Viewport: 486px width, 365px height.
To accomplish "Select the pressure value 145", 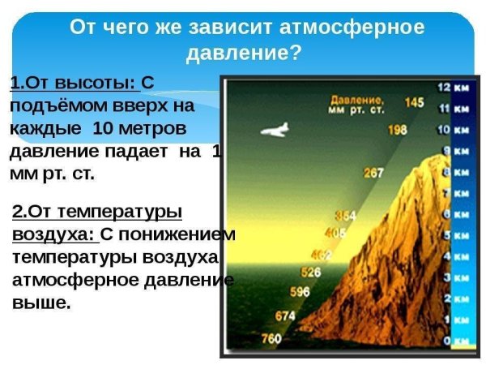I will (x=414, y=102).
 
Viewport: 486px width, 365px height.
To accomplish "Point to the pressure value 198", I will (x=397, y=129).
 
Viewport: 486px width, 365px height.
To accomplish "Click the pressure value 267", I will (x=373, y=173).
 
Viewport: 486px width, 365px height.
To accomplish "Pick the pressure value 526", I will (x=310, y=272).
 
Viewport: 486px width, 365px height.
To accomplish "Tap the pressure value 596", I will (x=300, y=291).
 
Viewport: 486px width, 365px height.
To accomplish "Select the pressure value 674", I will (x=285, y=315).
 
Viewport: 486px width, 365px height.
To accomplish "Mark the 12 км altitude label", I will (x=452, y=87).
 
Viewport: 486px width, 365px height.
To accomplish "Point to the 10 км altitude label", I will (x=453, y=129).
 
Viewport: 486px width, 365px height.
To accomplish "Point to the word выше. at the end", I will (x=41, y=303).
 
